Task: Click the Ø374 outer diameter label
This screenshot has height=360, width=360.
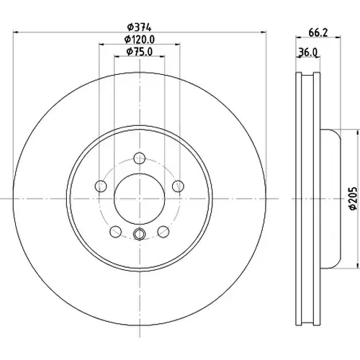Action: point(140,27)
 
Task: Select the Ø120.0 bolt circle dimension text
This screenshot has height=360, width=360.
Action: point(140,40)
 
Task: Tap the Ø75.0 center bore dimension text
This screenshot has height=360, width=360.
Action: point(140,52)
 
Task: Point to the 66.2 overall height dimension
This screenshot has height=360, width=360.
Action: point(318,33)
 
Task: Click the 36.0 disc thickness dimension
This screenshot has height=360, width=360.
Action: point(308,52)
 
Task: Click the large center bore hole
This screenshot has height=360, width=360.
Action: point(140,199)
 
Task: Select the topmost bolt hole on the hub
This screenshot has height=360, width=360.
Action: point(140,158)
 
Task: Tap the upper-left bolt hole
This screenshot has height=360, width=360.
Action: point(101,186)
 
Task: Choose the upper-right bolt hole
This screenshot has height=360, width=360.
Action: point(178,186)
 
